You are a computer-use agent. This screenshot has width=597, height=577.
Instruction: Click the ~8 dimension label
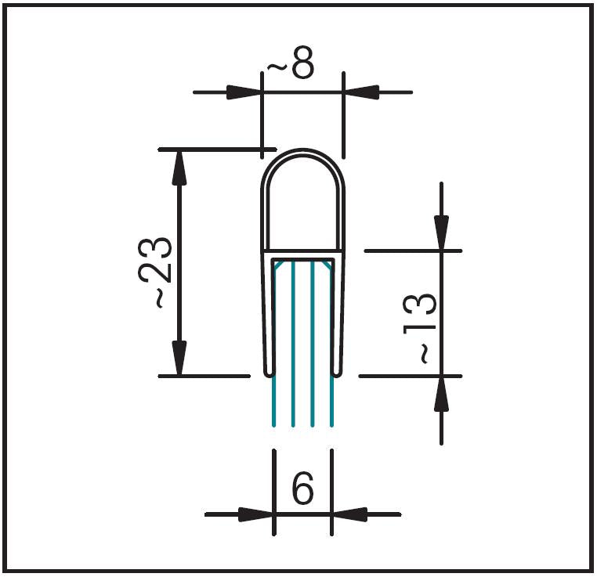click(291, 67)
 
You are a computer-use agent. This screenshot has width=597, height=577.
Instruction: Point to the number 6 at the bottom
click(302, 489)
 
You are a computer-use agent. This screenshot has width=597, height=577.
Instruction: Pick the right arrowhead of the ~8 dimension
click(360, 92)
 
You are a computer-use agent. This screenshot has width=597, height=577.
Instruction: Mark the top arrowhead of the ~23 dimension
click(180, 165)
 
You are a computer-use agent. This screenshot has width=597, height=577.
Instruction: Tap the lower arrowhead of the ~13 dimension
click(442, 394)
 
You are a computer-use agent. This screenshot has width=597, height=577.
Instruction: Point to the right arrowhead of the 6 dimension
click(349, 514)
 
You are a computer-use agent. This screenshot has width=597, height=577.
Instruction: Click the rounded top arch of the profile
click(302, 153)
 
